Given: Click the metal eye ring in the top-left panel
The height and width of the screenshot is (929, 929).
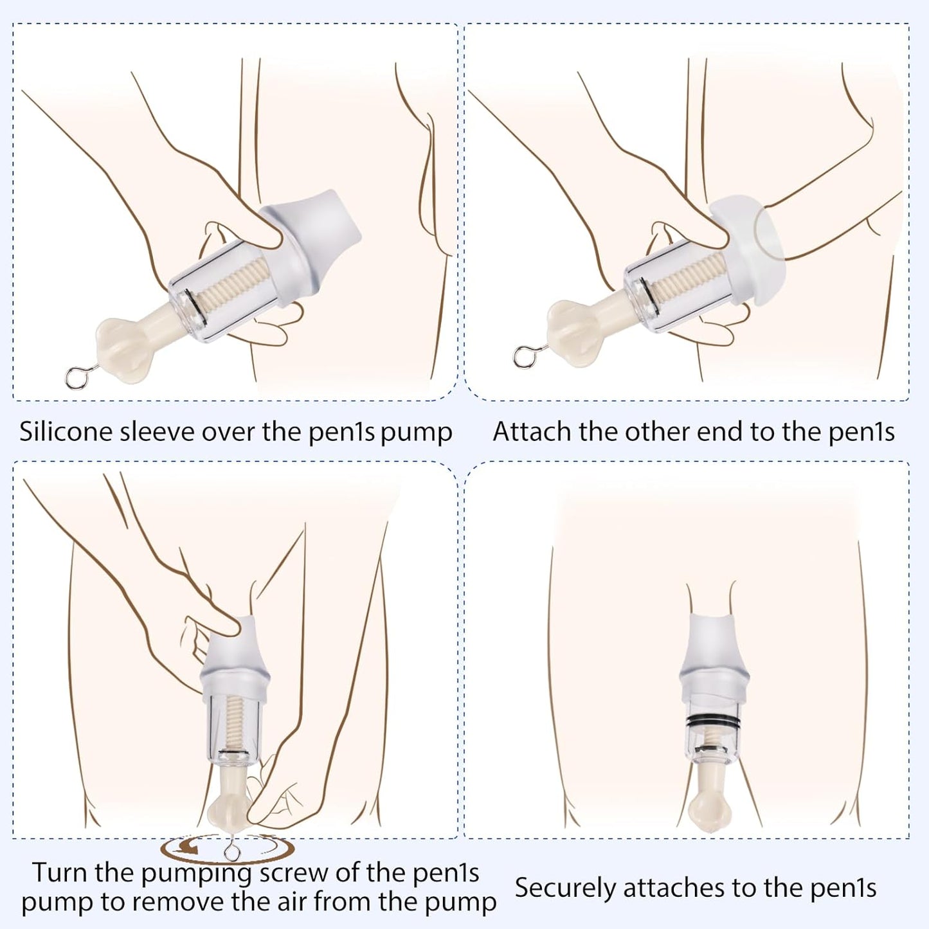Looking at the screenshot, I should tap(75, 378).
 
